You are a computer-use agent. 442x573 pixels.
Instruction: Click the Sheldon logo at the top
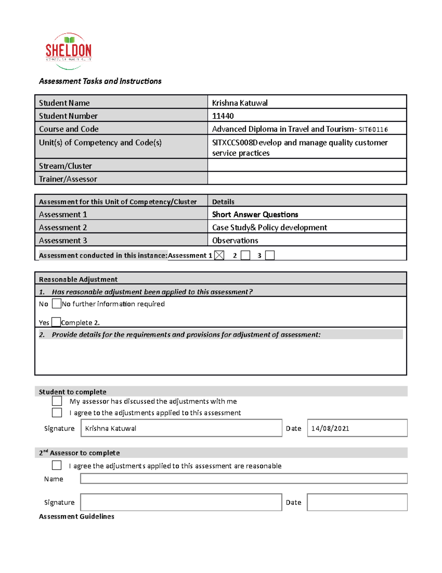(x=69, y=51)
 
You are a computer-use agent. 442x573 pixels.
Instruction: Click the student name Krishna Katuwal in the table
(x=240, y=103)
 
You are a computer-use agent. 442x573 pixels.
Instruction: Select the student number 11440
(x=223, y=116)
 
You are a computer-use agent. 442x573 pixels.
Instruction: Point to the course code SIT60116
(x=373, y=130)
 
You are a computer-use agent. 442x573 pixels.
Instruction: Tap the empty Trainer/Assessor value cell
(x=306, y=179)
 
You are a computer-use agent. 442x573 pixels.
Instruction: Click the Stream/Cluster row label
(x=66, y=166)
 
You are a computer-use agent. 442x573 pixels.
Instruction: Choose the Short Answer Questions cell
(x=255, y=214)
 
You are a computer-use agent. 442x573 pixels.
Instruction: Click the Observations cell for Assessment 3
(x=235, y=241)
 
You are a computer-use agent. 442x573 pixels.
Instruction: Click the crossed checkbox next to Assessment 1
(x=219, y=255)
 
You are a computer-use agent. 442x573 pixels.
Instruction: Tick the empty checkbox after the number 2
(x=245, y=255)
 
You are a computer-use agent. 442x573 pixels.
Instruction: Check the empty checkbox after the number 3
(x=270, y=255)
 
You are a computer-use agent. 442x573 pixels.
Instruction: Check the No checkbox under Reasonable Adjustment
(x=56, y=304)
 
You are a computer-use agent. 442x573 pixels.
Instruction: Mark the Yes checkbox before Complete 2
(x=56, y=322)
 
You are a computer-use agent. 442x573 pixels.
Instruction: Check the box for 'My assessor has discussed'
(x=57, y=401)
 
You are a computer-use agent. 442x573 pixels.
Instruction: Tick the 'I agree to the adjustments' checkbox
(x=57, y=413)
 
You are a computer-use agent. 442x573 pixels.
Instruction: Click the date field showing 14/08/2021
(x=357, y=428)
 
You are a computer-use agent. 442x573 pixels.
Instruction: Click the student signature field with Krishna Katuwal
(x=181, y=428)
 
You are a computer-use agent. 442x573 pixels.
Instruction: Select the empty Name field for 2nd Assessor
(x=243, y=479)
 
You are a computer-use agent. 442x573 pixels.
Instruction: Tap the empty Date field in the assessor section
(x=357, y=502)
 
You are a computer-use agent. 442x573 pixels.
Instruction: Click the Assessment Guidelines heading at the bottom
(x=77, y=517)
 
